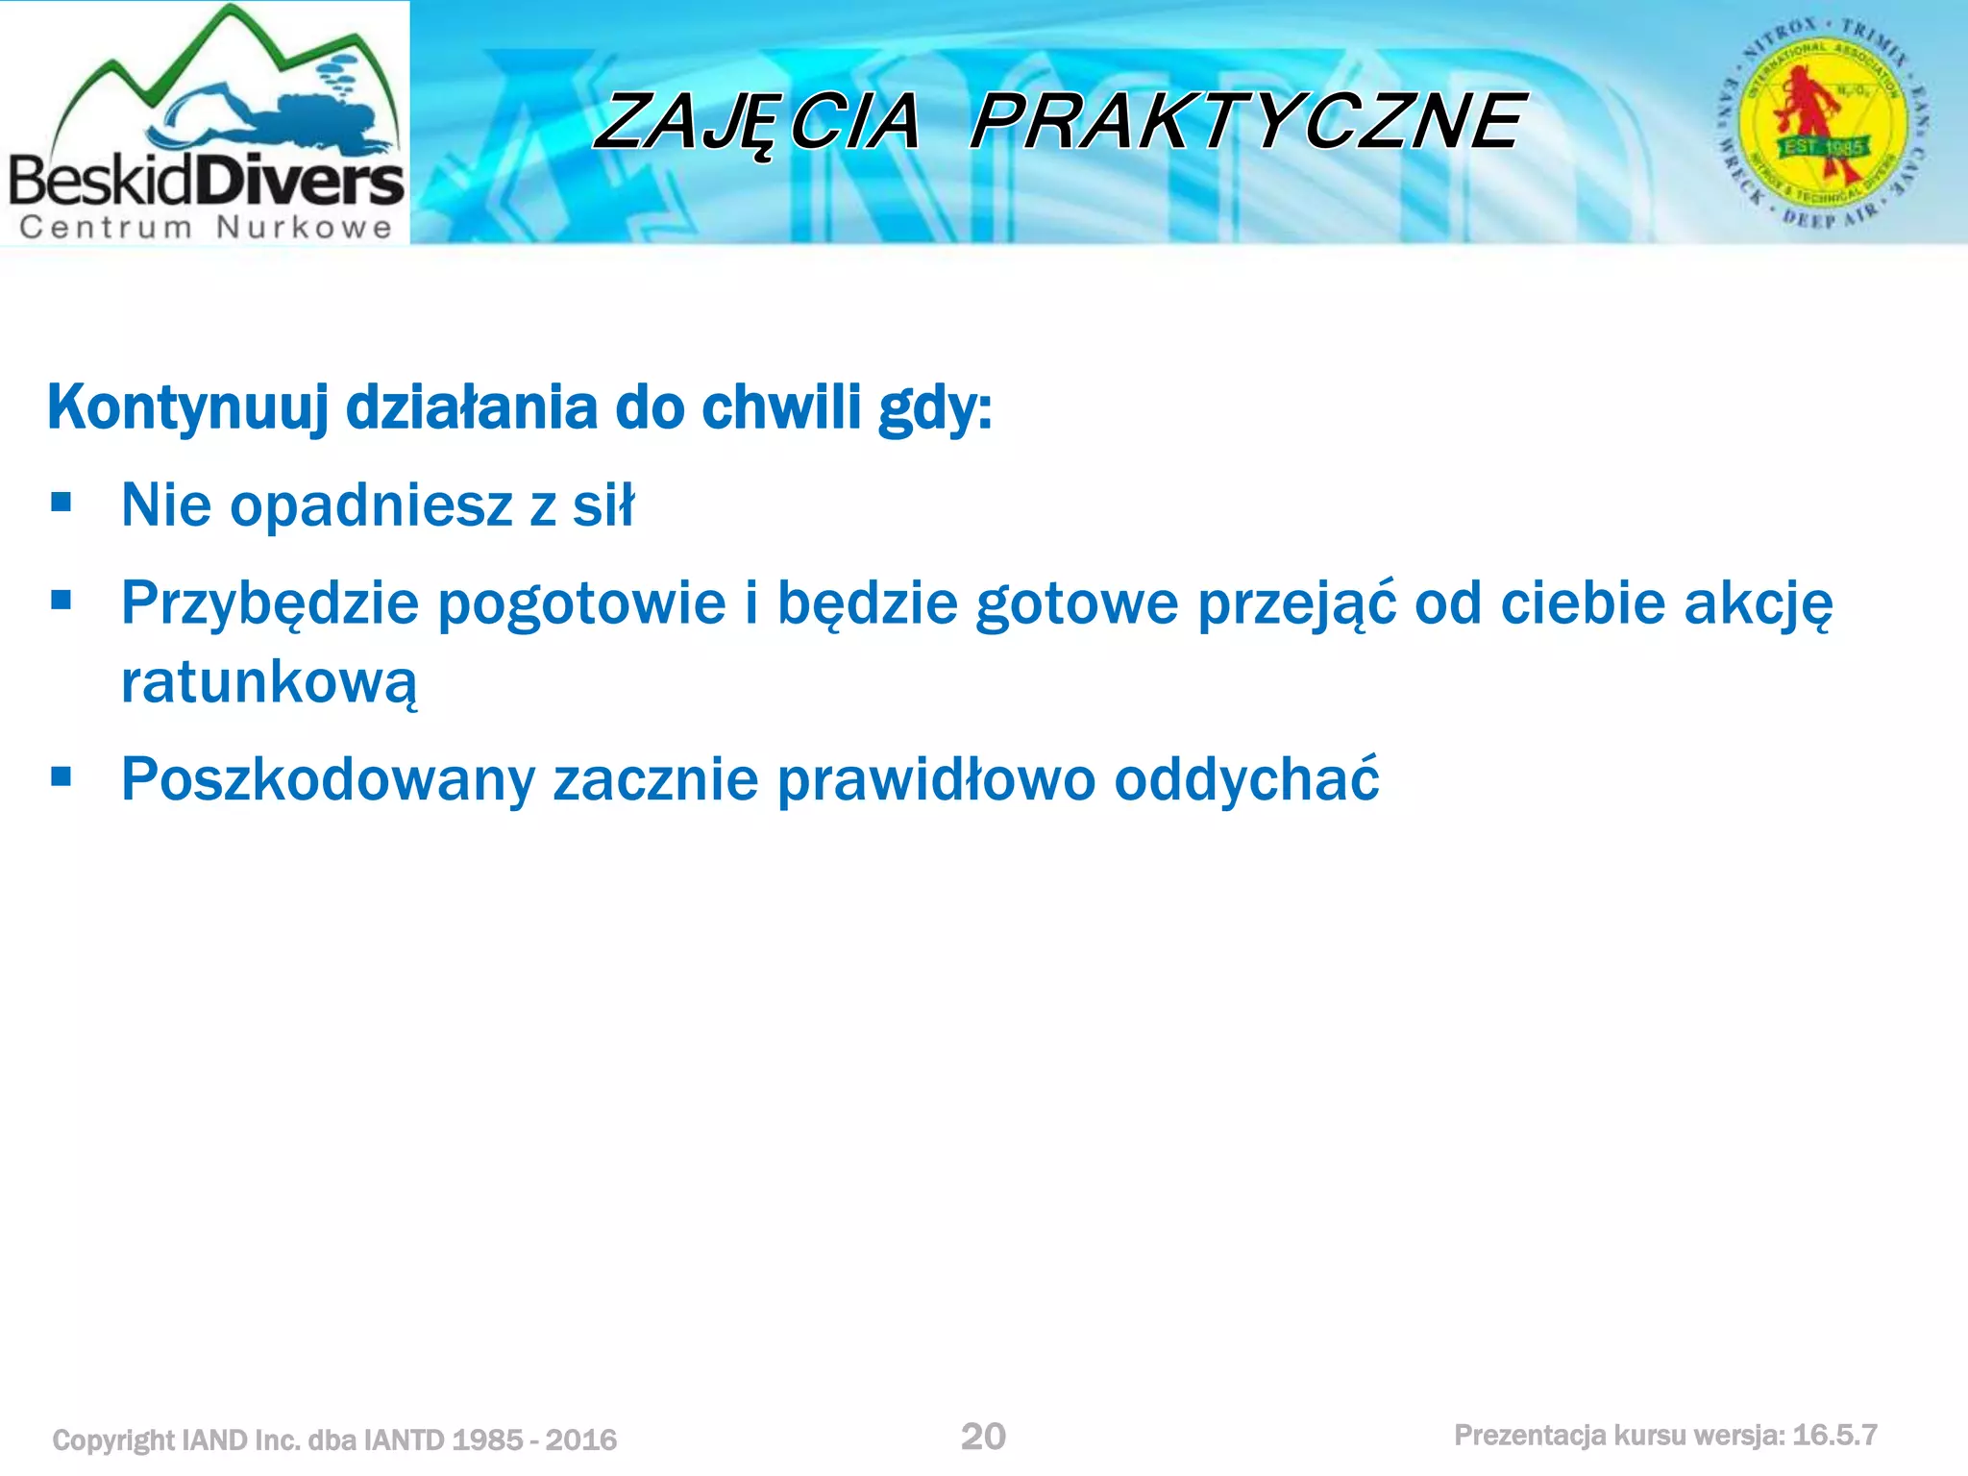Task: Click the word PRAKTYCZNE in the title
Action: [1246, 122]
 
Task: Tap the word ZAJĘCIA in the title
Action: [757, 124]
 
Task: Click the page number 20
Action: [983, 1437]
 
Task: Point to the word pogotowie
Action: [582, 604]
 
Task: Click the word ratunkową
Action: [269, 683]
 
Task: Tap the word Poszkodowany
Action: [327, 779]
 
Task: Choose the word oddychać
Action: [1246, 779]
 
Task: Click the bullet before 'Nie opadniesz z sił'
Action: [61, 502]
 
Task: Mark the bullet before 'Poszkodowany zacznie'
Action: [61, 775]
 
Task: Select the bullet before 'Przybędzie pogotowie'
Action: [61, 601]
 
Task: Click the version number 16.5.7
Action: [1834, 1436]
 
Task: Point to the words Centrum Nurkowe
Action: [206, 228]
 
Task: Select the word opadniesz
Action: [371, 506]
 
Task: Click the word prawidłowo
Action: [935, 779]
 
